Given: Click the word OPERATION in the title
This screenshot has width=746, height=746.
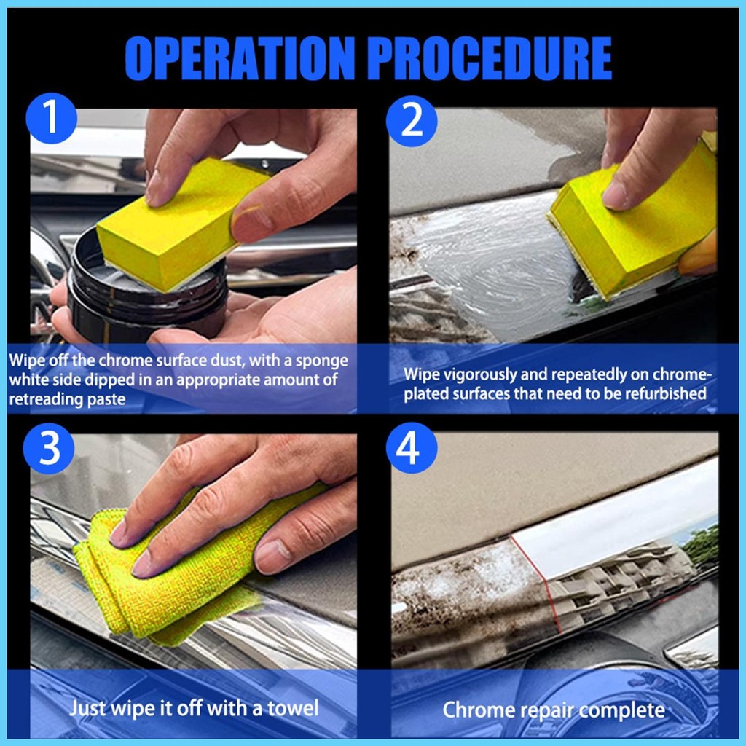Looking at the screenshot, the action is [x=240, y=58].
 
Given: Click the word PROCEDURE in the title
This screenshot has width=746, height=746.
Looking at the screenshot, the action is [x=490, y=58].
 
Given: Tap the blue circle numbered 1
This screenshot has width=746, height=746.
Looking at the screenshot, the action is [x=51, y=118].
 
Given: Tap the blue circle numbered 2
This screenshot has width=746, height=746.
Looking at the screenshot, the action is [x=412, y=121].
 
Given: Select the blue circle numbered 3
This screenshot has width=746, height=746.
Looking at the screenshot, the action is [x=49, y=448].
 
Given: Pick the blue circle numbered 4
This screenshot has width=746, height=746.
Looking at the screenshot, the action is [x=412, y=448].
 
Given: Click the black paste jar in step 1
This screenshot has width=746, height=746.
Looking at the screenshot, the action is [x=147, y=290].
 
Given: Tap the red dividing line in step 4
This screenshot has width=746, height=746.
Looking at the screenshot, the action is [x=537, y=584].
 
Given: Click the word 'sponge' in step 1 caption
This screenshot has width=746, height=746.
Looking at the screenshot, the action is [x=321, y=361].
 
